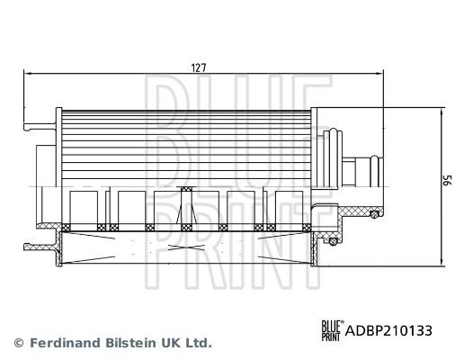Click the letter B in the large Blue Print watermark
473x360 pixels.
[161, 109]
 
